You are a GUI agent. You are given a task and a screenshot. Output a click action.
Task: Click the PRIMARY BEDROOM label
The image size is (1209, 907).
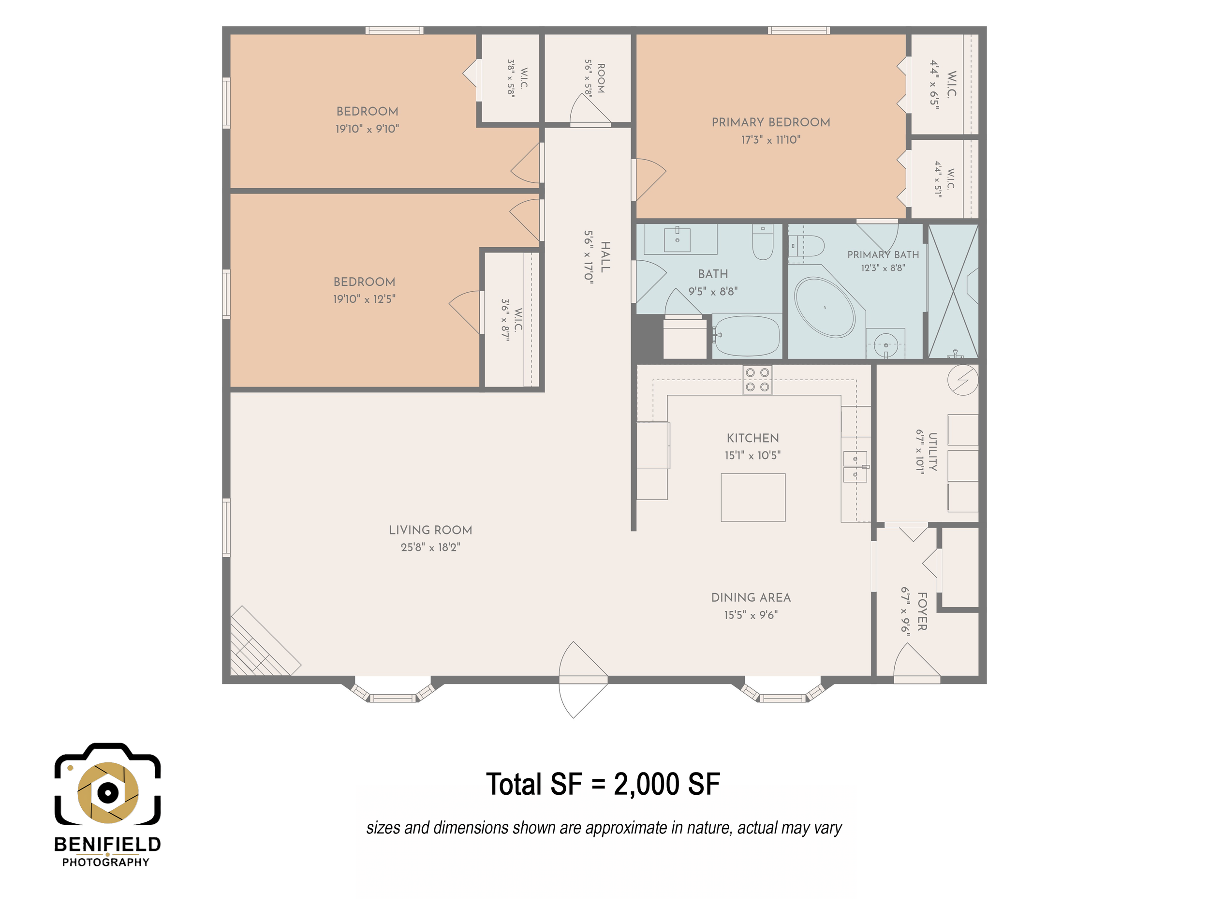[771, 122]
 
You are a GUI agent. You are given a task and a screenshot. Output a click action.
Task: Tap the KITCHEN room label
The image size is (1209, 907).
[752, 438]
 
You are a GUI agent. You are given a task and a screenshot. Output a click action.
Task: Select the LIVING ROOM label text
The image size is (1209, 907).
[430, 530]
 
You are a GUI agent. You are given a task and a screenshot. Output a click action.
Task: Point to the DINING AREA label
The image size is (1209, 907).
[751, 597]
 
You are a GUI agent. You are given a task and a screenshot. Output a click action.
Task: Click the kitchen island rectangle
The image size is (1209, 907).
[752, 497]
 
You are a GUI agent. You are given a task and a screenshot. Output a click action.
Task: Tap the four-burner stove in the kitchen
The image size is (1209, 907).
[757, 379]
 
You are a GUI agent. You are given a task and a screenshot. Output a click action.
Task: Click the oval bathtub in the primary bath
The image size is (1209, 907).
[824, 307]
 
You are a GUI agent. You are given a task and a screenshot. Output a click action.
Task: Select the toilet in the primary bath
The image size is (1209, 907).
[807, 246]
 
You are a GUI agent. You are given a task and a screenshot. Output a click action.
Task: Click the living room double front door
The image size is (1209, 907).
[583, 680]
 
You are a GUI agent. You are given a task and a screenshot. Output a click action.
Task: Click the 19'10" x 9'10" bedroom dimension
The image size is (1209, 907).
[367, 129]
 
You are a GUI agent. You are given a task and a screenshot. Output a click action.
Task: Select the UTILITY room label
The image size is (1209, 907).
[932, 452]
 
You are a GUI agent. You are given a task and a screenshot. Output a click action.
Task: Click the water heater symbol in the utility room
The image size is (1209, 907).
[963, 379]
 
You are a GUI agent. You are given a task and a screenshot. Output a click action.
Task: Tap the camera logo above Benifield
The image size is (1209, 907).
[108, 784]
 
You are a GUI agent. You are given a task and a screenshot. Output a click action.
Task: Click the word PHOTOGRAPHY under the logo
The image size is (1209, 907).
[105, 862]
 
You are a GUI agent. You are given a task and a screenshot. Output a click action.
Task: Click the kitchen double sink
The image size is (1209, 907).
[855, 467]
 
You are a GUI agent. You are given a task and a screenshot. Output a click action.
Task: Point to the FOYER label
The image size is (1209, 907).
[922, 612]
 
